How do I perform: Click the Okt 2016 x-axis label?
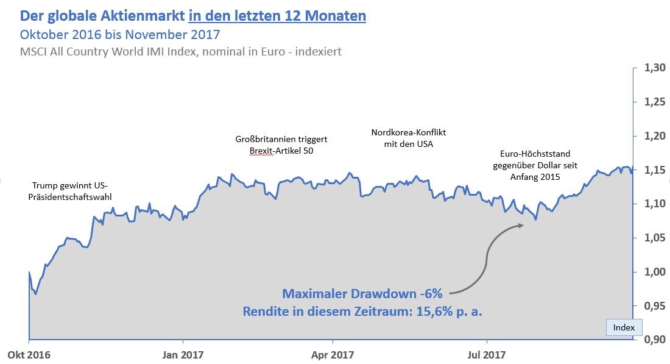(29, 354)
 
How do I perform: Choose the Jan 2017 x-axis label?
(183, 354)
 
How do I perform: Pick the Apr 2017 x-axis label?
(333, 354)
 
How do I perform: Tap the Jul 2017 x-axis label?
(486, 354)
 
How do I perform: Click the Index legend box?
(624, 327)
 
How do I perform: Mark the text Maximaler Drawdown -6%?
(362, 294)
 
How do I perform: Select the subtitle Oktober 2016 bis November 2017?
(120, 34)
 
